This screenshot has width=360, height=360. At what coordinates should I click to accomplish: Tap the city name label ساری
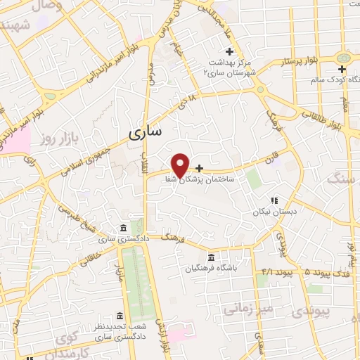146,131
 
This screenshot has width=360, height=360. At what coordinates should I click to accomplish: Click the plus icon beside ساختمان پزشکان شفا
200,169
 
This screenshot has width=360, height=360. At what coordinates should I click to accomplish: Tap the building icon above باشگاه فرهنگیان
212,257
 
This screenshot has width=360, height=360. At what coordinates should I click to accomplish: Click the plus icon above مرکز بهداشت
229,51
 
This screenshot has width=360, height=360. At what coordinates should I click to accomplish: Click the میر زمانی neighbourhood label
245,308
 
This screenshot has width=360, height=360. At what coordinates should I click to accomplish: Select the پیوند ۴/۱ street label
275,271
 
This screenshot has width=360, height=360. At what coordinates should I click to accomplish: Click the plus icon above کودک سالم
342,69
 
